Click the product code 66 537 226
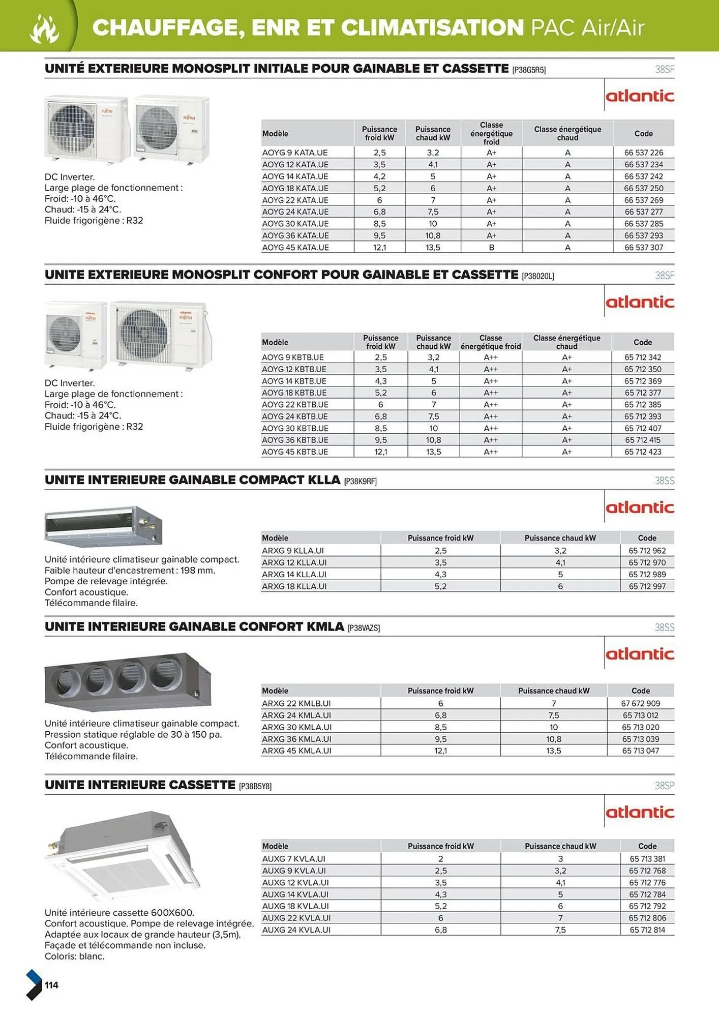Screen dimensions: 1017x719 point(643,153)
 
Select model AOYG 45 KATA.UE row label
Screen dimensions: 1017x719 point(295,248)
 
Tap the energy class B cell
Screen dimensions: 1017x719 point(491,248)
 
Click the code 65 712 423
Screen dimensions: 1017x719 point(643,452)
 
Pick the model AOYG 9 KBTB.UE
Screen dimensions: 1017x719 point(293,357)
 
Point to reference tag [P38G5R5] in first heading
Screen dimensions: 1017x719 point(529,70)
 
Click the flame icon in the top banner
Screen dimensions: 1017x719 point(45,28)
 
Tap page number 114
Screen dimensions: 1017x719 point(51,985)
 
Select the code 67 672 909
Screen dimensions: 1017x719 point(640,704)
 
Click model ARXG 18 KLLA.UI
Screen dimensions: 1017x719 point(294,586)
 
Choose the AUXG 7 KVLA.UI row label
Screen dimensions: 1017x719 point(293,859)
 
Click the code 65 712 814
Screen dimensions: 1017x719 point(647,930)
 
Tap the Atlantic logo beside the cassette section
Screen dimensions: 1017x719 point(640,812)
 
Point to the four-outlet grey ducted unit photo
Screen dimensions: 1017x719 point(127,680)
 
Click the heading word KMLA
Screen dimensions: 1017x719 point(325,626)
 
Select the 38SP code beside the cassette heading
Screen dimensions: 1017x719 point(664,786)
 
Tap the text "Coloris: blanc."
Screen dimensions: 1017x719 point(74,956)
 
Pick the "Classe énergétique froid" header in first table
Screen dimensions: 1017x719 point(491,133)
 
